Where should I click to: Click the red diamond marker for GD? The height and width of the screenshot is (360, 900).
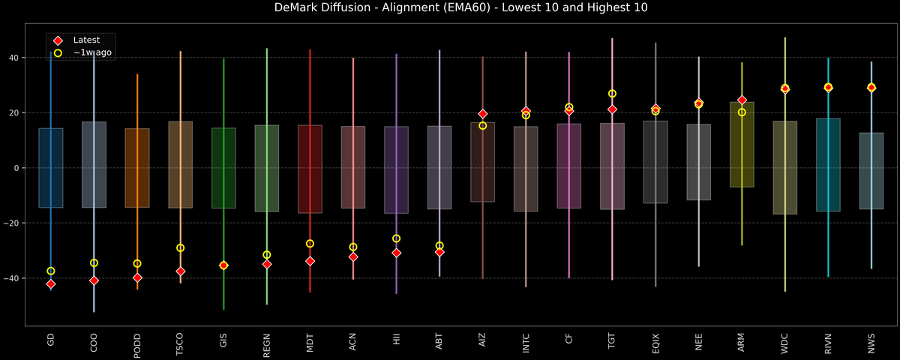click(x=50, y=284)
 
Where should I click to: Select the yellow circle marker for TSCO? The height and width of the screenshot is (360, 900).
click(x=180, y=248)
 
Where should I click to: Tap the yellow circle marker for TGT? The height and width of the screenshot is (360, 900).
click(x=612, y=94)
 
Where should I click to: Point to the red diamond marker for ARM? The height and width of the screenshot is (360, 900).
click(x=742, y=100)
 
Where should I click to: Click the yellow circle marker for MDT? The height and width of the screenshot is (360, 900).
click(x=310, y=244)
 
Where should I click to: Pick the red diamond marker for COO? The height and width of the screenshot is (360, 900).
click(x=94, y=280)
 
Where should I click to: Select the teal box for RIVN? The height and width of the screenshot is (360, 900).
click(x=828, y=165)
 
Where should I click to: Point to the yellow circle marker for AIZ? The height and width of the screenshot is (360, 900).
click(x=482, y=125)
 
